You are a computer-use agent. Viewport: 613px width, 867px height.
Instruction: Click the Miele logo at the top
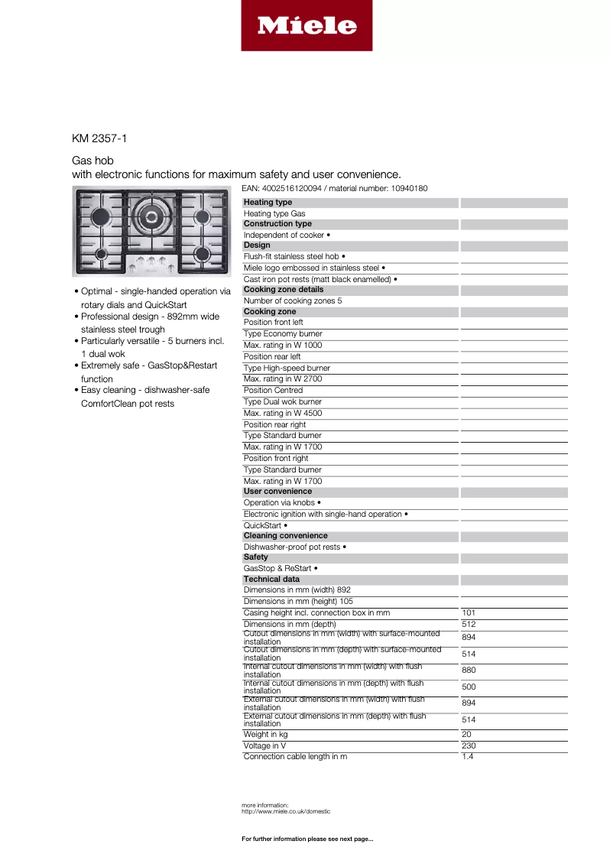pyautogui.click(x=306, y=26)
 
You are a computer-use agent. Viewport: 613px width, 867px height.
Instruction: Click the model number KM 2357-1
pyautogui.click(x=99, y=138)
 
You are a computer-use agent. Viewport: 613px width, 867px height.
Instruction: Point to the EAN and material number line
pyautogui.click(x=334, y=188)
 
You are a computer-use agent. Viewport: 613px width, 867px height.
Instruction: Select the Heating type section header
pyautogui.click(x=268, y=203)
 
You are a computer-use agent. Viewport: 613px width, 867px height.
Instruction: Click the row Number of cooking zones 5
pyautogui.click(x=293, y=301)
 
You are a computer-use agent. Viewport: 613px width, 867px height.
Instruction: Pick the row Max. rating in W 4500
pyautogui.click(x=283, y=414)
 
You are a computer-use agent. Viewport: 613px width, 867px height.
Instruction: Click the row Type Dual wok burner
pyautogui.click(x=283, y=402)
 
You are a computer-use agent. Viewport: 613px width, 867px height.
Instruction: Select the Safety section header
pyautogui.click(x=256, y=557)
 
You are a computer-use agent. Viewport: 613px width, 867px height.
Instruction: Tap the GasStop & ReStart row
pyautogui.click(x=281, y=569)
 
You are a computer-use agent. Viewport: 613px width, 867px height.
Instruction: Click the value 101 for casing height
pyautogui.click(x=469, y=613)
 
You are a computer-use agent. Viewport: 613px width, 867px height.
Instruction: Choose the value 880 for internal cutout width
pyautogui.click(x=469, y=671)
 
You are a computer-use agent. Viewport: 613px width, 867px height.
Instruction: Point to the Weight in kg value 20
pyautogui.click(x=466, y=735)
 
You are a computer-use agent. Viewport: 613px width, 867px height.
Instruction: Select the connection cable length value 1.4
pyautogui.click(x=467, y=757)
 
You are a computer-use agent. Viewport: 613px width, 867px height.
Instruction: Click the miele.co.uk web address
pyautogui.click(x=286, y=811)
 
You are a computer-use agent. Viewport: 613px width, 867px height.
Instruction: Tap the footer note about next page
pyautogui.click(x=307, y=839)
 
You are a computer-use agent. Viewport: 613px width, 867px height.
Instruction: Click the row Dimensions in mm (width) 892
pyautogui.click(x=297, y=590)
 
